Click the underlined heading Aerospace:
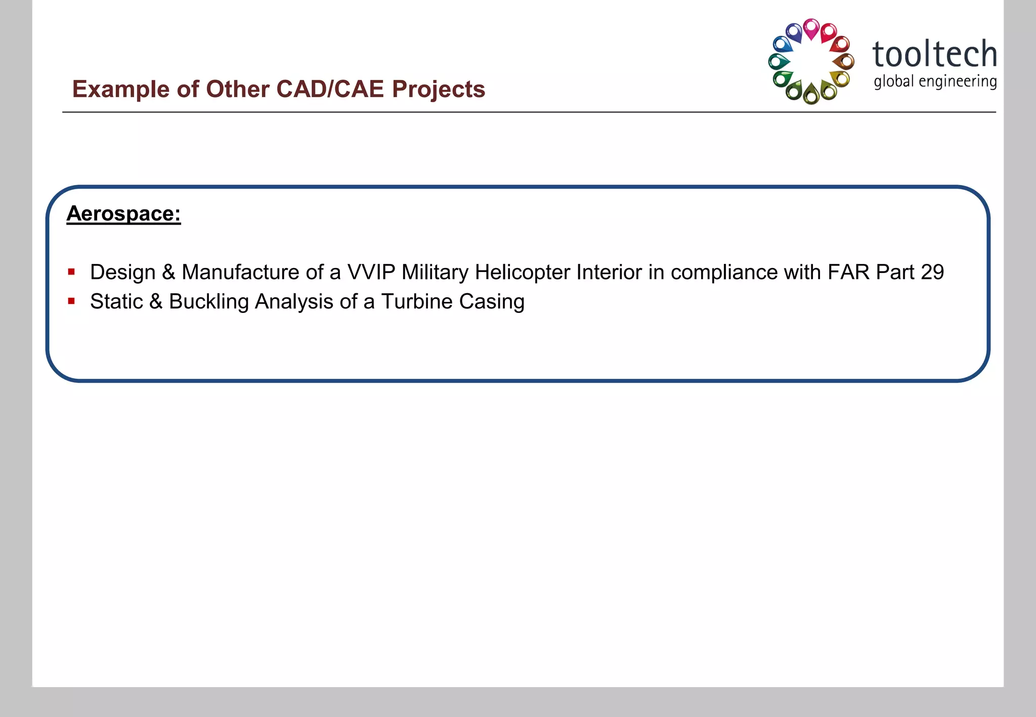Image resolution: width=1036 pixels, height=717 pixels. pyautogui.click(x=123, y=213)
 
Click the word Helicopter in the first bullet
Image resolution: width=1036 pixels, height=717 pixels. pyautogui.click(x=523, y=272)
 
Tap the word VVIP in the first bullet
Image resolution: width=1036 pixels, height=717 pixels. pyautogui.click(x=371, y=272)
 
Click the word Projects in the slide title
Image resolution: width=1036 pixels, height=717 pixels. pyautogui.click(x=439, y=89)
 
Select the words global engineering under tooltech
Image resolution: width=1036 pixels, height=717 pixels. pyautogui.click(x=935, y=81)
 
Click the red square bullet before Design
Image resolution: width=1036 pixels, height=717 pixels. pyautogui.click(x=71, y=272)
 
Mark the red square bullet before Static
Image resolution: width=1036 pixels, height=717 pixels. pyautogui.click(x=71, y=301)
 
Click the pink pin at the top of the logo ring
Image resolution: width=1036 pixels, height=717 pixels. pyautogui.click(x=811, y=28)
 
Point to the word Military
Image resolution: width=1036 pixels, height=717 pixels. pyautogui.click(x=435, y=272)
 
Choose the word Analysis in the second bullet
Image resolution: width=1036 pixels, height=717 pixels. pyautogui.click(x=294, y=301)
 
